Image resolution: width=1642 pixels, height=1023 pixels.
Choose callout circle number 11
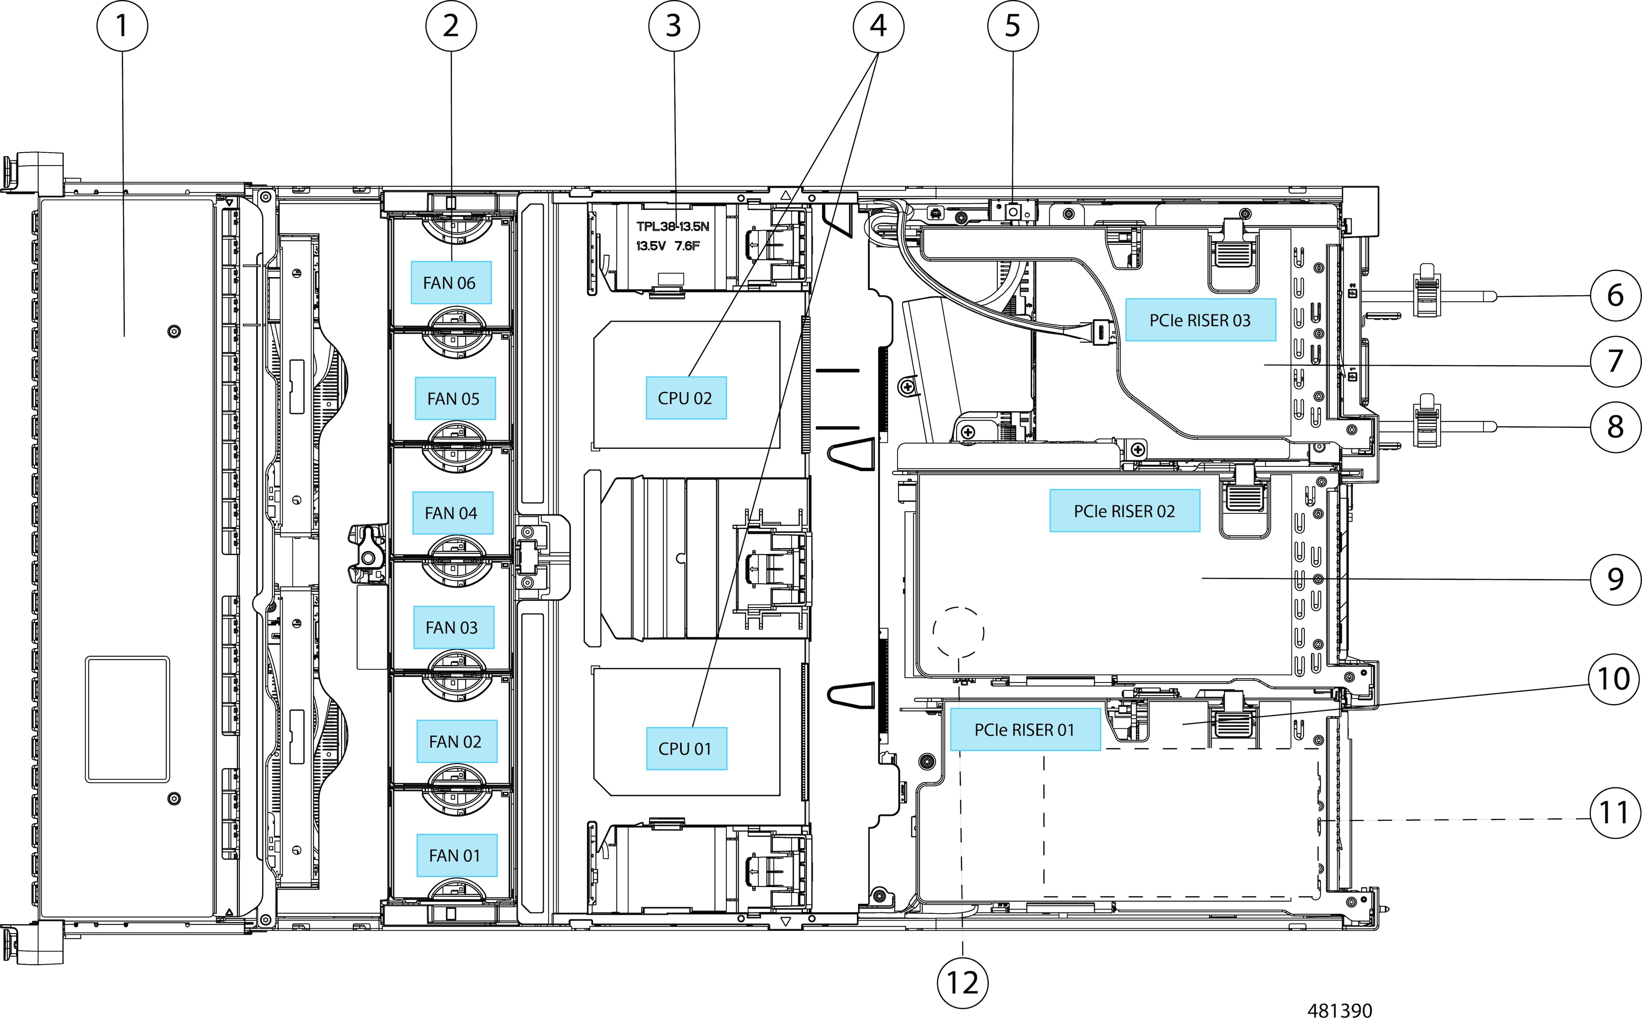(1615, 812)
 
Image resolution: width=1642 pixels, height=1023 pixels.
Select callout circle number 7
(1615, 361)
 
